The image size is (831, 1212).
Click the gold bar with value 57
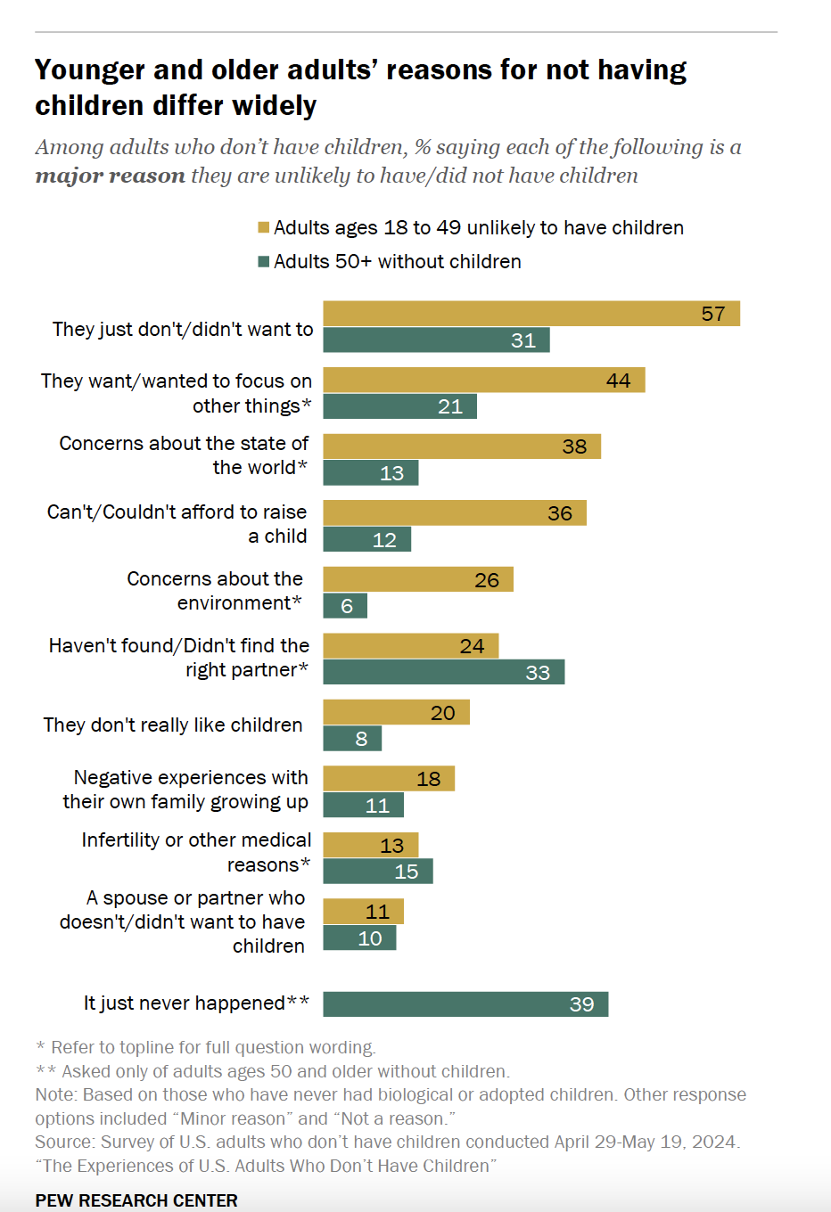click(x=531, y=314)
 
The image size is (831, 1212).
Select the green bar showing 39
click(x=465, y=1004)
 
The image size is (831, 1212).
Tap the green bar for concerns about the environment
click(x=345, y=606)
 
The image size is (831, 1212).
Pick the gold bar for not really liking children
click(x=396, y=712)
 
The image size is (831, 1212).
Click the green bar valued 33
click(x=443, y=672)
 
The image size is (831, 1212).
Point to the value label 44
click(x=618, y=381)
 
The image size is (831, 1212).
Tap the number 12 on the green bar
click(x=384, y=540)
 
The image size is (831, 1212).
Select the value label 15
click(x=407, y=872)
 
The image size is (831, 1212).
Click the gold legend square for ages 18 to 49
click(x=264, y=228)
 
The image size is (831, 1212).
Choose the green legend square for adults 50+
click(x=264, y=262)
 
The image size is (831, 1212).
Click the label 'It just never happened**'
click(x=196, y=1003)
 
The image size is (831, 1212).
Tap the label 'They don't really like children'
click(x=173, y=725)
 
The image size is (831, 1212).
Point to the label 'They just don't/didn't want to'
click(x=183, y=330)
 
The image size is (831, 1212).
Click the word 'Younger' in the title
click(x=89, y=70)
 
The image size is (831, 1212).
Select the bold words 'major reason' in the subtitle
click(x=110, y=176)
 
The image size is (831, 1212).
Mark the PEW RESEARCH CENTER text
click(x=136, y=1200)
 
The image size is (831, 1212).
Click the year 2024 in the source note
click(x=716, y=1142)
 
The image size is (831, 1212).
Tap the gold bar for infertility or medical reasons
click(x=370, y=845)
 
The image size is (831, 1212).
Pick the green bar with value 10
click(x=359, y=938)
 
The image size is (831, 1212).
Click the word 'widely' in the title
click(x=274, y=106)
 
